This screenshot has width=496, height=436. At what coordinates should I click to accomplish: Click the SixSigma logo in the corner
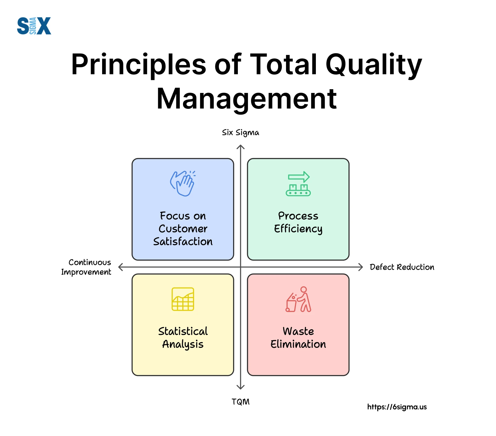(x=34, y=26)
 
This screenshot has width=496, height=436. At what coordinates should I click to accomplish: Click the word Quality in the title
(x=374, y=65)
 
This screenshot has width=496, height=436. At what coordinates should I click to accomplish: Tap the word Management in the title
(x=247, y=99)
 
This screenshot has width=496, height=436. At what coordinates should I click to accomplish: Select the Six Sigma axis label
(x=240, y=133)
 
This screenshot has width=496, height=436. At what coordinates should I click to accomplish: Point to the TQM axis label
(x=240, y=402)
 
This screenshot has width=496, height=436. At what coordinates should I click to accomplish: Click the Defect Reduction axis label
(x=402, y=267)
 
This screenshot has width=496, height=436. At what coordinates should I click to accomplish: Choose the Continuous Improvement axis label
(x=86, y=267)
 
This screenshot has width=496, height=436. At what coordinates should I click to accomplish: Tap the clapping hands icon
(x=183, y=183)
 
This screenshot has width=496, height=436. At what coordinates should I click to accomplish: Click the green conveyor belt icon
(x=298, y=184)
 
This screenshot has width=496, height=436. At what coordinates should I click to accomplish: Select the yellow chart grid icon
(x=183, y=299)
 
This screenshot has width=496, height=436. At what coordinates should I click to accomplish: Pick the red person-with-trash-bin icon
(x=298, y=299)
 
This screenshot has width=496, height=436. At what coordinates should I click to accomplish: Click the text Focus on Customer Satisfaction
(x=183, y=229)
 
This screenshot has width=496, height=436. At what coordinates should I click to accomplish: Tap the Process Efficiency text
(x=298, y=222)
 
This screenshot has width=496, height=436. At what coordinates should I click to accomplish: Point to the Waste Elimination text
(x=298, y=338)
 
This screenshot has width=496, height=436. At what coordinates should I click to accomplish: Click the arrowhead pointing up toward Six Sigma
(x=241, y=146)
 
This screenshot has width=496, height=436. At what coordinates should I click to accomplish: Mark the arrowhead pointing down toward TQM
(x=241, y=387)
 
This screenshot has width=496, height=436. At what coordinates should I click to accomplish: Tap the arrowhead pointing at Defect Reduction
(x=361, y=267)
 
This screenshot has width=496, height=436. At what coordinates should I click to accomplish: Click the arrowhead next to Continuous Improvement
(x=120, y=267)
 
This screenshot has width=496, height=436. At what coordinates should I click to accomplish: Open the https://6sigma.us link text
(x=397, y=407)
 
